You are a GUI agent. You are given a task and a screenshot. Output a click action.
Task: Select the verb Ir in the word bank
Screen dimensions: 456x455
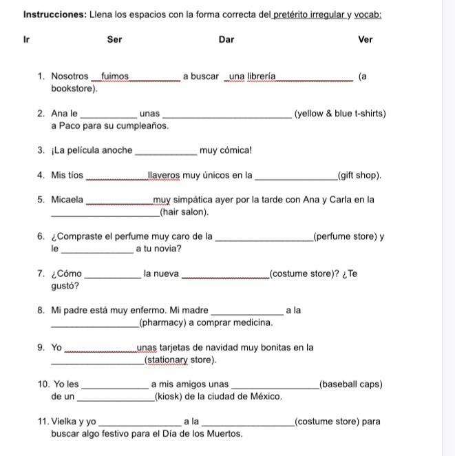tap(26, 39)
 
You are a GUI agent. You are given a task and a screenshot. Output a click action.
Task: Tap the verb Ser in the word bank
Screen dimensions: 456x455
tap(115, 39)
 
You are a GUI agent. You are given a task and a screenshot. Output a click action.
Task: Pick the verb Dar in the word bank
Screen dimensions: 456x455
tap(226, 39)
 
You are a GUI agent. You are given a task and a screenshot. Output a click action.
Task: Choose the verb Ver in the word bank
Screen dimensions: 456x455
tap(366, 39)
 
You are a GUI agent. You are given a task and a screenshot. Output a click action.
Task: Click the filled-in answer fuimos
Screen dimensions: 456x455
tap(115, 76)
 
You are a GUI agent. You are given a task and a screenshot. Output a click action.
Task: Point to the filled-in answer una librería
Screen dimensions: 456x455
tap(252, 76)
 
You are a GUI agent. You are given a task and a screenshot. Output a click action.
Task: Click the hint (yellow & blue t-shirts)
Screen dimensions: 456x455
tap(340, 114)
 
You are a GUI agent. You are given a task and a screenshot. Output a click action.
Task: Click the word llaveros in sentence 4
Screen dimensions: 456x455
tap(164, 176)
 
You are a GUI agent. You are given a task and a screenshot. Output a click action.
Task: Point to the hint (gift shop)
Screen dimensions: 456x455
tap(359, 176)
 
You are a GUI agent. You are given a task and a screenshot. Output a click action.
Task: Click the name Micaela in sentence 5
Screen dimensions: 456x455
tap(67, 200)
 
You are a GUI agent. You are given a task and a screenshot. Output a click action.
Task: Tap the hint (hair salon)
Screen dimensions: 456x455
tap(184, 212)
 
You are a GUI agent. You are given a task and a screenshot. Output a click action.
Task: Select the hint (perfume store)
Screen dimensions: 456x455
tap(345, 237)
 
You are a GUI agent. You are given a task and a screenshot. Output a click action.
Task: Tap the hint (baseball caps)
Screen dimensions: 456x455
tap(351, 384)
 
